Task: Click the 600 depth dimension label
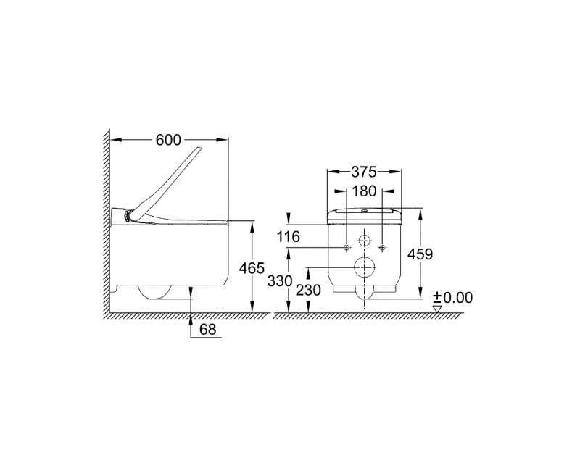pyautogui.click(x=169, y=140)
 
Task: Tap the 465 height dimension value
pyautogui.click(x=252, y=268)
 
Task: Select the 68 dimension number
pyautogui.click(x=207, y=329)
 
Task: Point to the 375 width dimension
pyautogui.click(x=364, y=172)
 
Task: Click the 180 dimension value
pyautogui.click(x=364, y=191)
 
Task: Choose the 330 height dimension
pyautogui.click(x=280, y=281)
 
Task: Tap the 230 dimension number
pyautogui.click(x=307, y=291)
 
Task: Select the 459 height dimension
pyautogui.click(x=420, y=254)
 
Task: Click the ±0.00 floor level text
pyautogui.click(x=453, y=298)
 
